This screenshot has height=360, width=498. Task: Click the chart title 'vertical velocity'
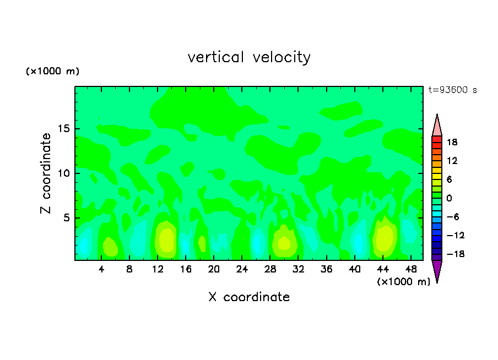[249, 57]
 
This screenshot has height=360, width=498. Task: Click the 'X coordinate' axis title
[249, 297]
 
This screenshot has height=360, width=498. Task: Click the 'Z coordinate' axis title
[46, 173]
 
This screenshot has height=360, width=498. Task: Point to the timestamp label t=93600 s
[453, 90]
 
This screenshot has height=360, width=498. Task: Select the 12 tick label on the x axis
[158, 270]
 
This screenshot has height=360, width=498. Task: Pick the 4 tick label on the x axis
[101, 270]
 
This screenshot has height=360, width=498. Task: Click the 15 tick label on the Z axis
[64, 129]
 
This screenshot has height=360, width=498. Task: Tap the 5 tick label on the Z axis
[67, 218]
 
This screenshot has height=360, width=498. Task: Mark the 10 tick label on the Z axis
[64, 174]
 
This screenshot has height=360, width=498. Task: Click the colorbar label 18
[452, 142]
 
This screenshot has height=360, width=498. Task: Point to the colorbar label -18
[451, 254]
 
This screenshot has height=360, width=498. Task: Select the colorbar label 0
[449, 198]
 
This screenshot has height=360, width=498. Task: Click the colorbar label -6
[451, 217]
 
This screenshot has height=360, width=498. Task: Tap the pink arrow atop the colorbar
[437, 126]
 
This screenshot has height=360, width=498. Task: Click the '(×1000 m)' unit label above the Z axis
[52, 72]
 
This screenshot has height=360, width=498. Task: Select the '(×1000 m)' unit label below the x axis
[403, 282]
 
